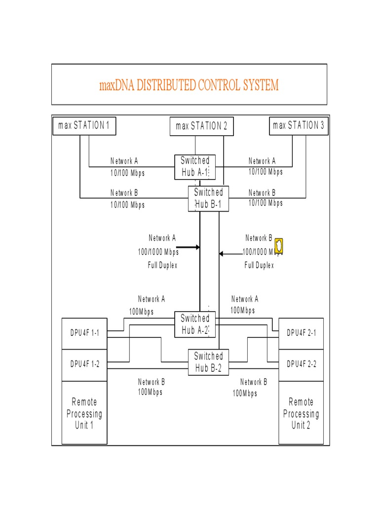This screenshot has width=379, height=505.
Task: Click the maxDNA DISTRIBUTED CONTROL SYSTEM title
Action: pyautogui.click(x=189, y=85)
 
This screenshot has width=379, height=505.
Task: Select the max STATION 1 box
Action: pyautogui.click(x=83, y=125)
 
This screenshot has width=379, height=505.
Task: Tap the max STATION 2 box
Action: pyautogui.click(x=201, y=126)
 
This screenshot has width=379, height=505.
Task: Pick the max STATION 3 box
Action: pyautogui.click(x=299, y=125)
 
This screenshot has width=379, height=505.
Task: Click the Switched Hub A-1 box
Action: pyautogui.click(x=195, y=167)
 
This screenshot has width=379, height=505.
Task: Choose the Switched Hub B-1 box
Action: pyautogui.click(x=208, y=198)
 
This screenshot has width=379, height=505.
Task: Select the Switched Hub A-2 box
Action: pyautogui.click(x=195, y=325)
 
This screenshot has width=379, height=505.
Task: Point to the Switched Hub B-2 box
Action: pyautogui.click(x=208, y=362)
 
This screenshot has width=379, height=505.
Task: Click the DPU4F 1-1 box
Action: pyautogui.click(x=84, y=333)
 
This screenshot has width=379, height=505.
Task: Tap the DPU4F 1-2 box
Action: pyautogui.click(x=84, y=364)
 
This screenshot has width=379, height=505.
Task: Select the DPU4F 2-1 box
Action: pyautogui.click(x=302, y=333)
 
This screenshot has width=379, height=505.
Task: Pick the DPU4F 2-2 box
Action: pyautogui.click(x=302, y=364)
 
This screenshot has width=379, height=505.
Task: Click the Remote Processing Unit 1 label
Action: pyautogui.click(x=84, y=414)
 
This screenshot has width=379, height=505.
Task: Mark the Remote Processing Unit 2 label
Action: pyautogui.click(x=301, y=414)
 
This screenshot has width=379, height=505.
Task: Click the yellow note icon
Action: pyautogui.click(x=279, y=245)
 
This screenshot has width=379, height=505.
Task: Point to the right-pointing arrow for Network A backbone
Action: pyautogui.click(x=188, y=247)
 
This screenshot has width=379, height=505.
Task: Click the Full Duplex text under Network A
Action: pyautogui.click(x=162, y=265)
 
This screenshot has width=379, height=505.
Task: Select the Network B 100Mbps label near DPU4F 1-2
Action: pyautogui.click(x=151, y=387)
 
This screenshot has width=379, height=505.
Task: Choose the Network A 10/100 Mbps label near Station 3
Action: pyautogui.click(x=265, y=166)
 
